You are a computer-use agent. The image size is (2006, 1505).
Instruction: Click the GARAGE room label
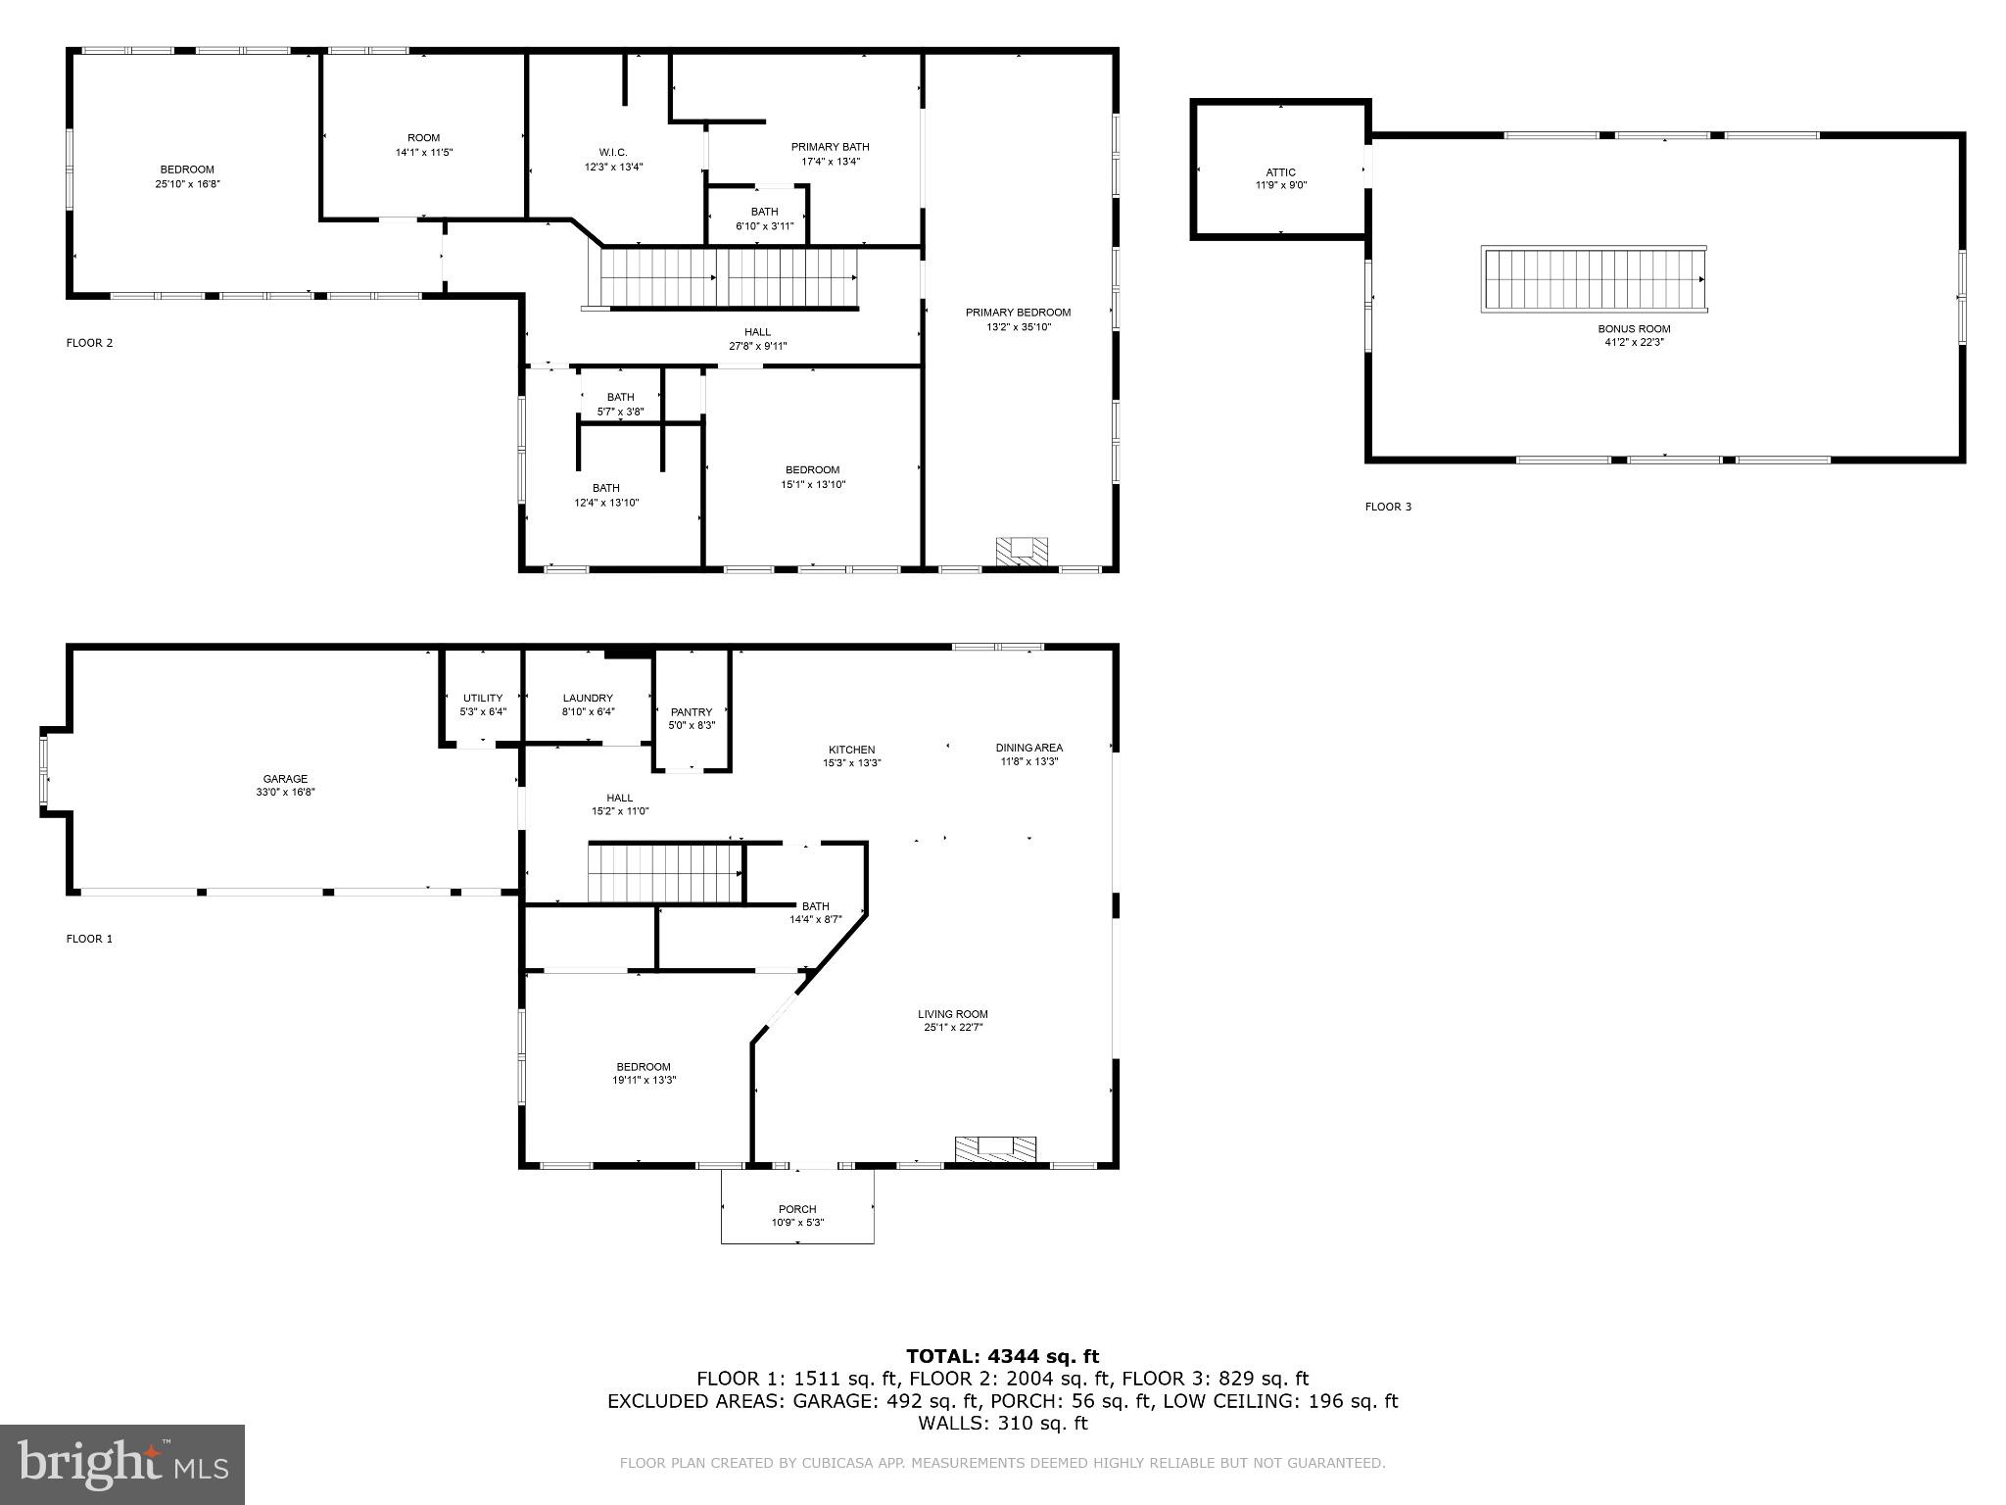(285, 779)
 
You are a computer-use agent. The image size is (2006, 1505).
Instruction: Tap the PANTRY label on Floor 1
(692, 712)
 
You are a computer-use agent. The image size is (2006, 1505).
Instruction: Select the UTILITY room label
(483, 698)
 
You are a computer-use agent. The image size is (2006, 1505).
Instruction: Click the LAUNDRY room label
(588, 698)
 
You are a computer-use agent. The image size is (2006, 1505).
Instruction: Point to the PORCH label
(797, 1209)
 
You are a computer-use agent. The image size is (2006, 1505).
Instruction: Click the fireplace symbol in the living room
(995, 1149)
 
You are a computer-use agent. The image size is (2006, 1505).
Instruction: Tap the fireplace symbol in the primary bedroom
(1022, 551)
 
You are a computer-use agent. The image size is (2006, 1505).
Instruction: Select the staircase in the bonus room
(1595, 279)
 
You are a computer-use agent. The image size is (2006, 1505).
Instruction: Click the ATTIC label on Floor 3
(1281, 172)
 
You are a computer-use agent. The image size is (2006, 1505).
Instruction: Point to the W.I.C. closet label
(613, 152)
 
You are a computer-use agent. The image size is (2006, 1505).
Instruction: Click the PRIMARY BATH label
(830, 147)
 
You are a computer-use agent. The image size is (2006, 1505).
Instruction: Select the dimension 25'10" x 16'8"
(187, 184)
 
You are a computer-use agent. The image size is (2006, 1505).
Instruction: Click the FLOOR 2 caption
(89, 343)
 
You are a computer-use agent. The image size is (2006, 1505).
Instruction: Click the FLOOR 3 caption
(1388, 507)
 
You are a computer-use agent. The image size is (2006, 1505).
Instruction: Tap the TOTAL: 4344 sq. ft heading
(1002, 1356)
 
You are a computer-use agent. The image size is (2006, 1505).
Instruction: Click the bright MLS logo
(122, 1464)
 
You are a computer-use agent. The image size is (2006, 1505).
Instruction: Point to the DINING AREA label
(1028, 748)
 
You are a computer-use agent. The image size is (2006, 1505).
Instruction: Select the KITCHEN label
(851, 750)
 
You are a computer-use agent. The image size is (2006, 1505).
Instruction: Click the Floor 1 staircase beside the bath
(665, 873)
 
